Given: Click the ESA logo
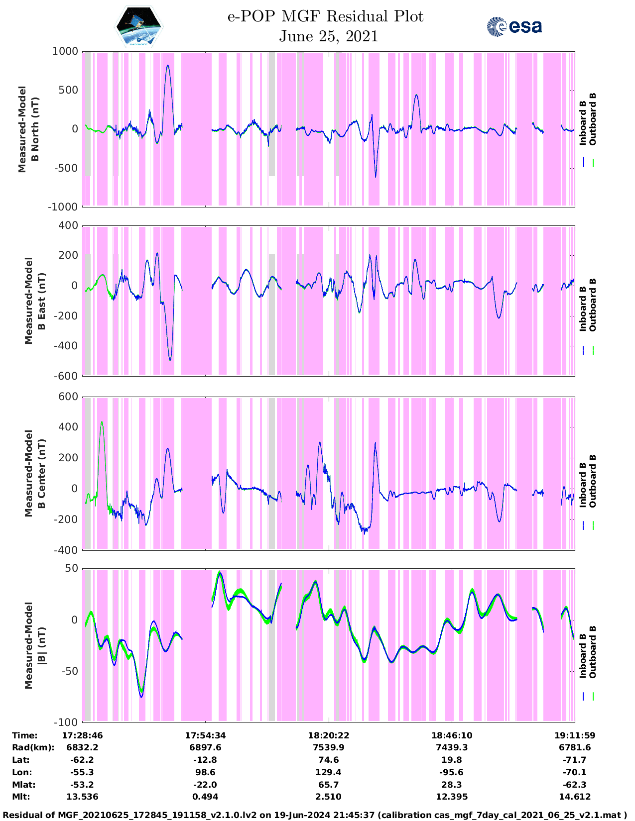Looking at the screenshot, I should pos(514,26).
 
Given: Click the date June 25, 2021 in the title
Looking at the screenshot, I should pos(328,36).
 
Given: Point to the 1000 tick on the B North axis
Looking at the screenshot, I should pos(66,52).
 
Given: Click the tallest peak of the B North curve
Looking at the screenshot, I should pos(168,65).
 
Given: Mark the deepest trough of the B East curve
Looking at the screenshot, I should pos(170,360).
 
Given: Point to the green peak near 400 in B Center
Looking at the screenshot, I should pos(102,422).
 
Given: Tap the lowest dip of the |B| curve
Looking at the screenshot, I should pos(141,697).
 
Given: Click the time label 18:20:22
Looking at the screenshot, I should pos(328,735).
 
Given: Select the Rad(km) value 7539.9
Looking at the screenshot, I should pos(328,747).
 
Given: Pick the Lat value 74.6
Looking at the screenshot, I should pos(328,760).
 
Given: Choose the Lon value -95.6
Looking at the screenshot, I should pos(452,772).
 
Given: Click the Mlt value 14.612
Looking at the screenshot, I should pos(575,797).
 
